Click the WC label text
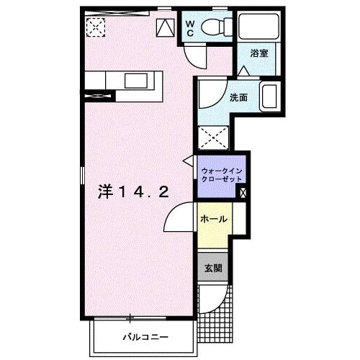click(x=190, y=28)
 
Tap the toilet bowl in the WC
click(x=213, y=27)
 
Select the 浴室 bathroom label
click(x=259, y=53)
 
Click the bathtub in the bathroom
click(x=258, y=26)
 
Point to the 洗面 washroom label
click(x=238, y=97)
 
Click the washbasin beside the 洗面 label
click(x=270, y=96)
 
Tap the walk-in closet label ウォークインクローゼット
click(x=222, y=175)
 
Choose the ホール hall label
click(x=214, y=219)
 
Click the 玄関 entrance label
click(x=213, y=268)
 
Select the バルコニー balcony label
click(x=145, y=337)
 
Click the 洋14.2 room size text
click(x=133, y=192)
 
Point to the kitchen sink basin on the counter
click(x=136, y=81)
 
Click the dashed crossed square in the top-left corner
click(x=96, y=27)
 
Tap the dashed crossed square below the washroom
click(x=213, y=138)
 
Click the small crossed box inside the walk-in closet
click(x=243, y=193)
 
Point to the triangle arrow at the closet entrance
click(x=189, y=161)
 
